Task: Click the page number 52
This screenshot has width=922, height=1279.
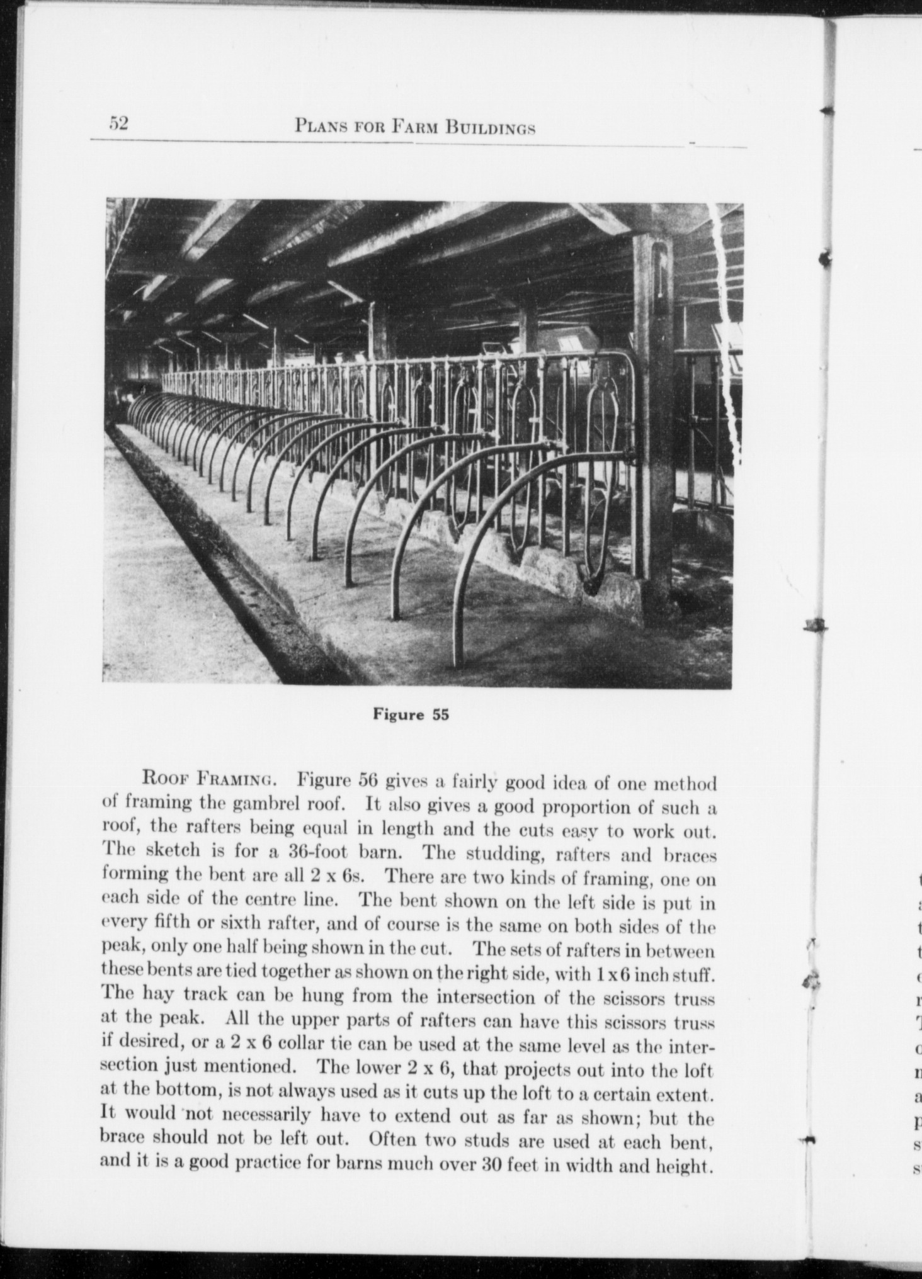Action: [x=118, y=123]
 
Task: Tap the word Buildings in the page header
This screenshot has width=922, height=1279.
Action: [x=491, y=128]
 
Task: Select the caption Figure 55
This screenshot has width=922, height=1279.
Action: [x=411, y=715]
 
